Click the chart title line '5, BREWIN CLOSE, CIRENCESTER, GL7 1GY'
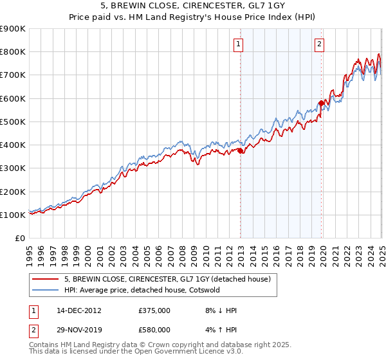pyautogui.click(x=193, y=6)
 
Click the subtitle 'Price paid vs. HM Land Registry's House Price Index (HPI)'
pyautogui.click(x=193, y=18)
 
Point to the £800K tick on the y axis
pyautogui.click(x=13, y=52)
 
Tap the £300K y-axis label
pyautogui.click(x=13, y=168)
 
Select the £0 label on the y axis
pyautogui.click(x=19, y=239)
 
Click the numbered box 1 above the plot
pyautogui.click(x=239, y=44)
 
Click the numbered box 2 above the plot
pyautogui.click(x=320, y=44)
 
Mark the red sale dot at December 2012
pyautogui.click(x=241, y=151)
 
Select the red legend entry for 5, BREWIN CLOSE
pyautogui.click(x=170, y=279)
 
